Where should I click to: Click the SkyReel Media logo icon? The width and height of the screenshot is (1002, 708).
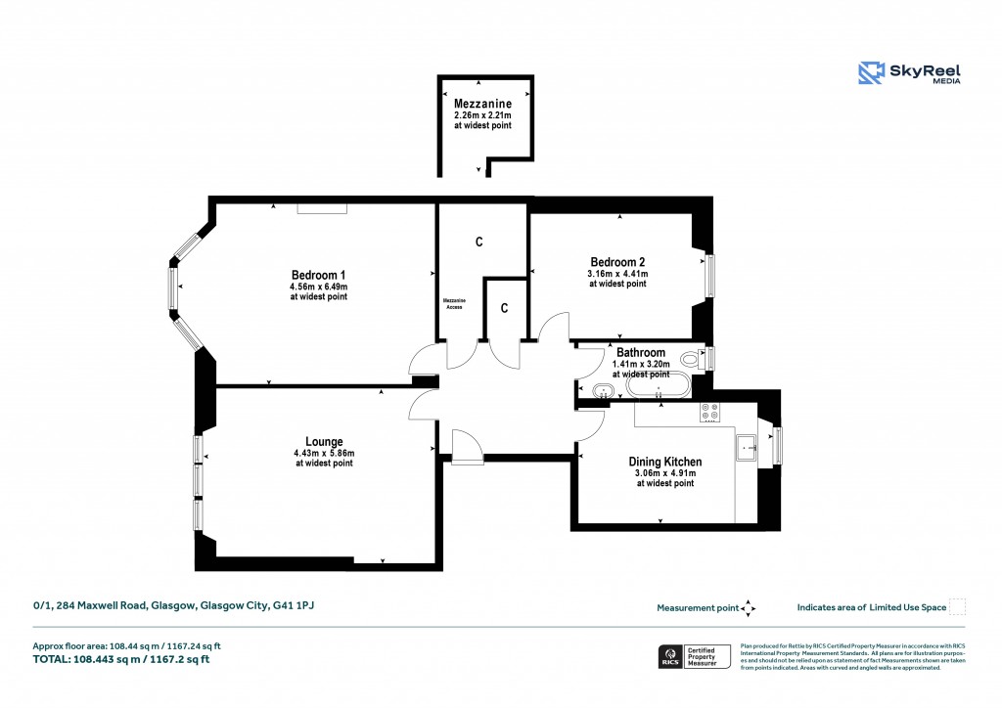coord(871,74)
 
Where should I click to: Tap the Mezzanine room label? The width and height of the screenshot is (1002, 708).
coord(481,103)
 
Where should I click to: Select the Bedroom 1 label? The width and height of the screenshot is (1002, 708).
coord(318,275)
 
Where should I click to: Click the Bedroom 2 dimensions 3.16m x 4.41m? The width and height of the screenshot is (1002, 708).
coord(617,273)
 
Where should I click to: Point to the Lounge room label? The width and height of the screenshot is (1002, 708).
coord(324,441)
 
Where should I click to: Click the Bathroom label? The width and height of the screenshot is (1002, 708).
coord(641,353)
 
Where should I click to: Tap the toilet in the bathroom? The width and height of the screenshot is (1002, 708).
coord(693,360)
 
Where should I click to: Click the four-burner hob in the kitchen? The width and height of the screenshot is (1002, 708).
coord(709,413)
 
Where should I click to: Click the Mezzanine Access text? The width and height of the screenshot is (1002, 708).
coord(454,303)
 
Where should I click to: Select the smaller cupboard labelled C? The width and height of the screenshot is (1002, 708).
coord(505,308)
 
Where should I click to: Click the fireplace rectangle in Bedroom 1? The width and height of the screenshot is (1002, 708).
coord(322,208)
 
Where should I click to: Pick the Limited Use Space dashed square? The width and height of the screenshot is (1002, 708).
coord(958,607)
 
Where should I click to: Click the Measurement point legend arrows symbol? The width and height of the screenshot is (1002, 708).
coord(749,608)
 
